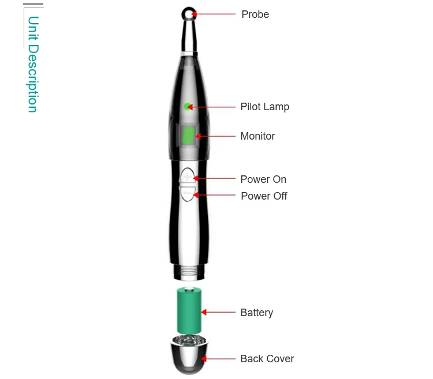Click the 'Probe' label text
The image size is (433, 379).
[255, 14]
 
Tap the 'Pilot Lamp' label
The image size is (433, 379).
[264, 107]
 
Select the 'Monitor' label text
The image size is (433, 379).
[257, 136]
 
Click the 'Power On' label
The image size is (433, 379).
[263, 179]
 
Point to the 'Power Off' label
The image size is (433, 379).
[264, 196]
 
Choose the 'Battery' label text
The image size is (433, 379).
[256, 313]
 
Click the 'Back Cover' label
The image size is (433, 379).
[267, 359]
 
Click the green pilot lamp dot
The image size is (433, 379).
[188, 106]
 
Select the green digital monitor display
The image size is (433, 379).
[188, 136]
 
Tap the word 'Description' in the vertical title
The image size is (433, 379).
[33, 78]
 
